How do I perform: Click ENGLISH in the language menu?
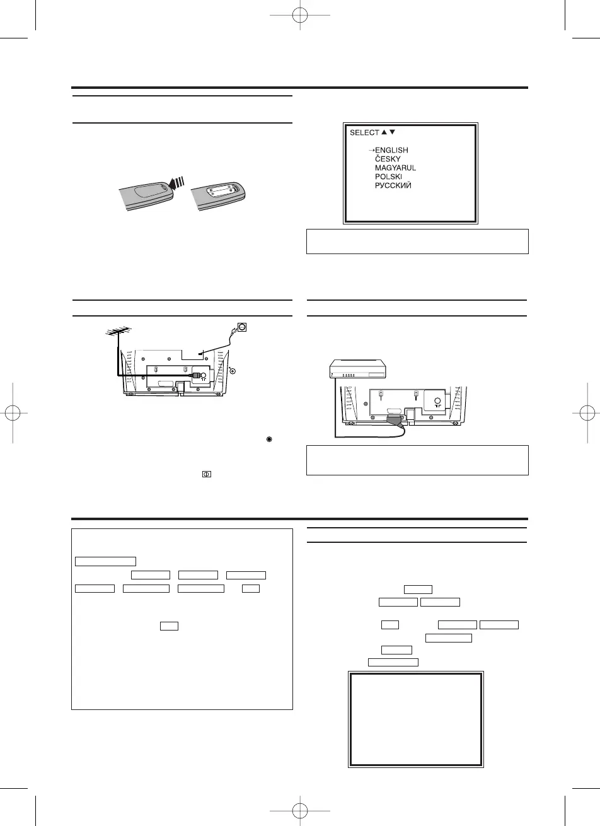pyautogui.click(x=391, y=150)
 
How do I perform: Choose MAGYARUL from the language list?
pyautogui.click(x=395, y=168)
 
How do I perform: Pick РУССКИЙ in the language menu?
pyautogui.click(x=393, y=186)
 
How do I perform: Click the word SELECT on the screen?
pyautogui.click(x=364, y=132)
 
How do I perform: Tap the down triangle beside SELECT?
pyautogui.click(x=393, y=132)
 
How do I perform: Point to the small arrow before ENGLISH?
pyautogui.click(x=371, y=150)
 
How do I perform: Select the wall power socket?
pyautogui.click(x=239, y=327)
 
